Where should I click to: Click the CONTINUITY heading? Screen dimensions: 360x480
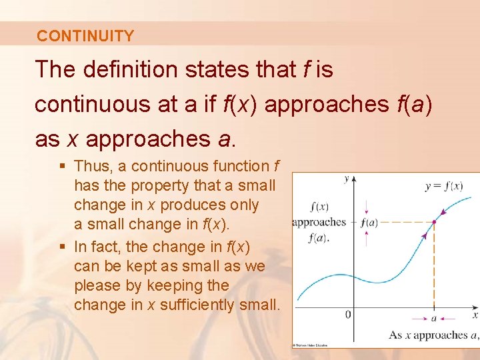pos(85,36)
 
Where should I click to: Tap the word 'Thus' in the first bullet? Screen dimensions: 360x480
pos(91,166)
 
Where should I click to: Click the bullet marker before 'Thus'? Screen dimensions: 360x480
pos(63,166)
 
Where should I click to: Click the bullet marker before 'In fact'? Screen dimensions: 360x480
pos(63,247)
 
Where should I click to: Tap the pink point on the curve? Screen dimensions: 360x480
pos(435,222)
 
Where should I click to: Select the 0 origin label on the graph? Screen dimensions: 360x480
pos(348,314)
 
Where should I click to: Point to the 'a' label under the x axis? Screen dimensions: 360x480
pos(434,318)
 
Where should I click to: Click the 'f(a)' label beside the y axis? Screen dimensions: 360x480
pos(369,222)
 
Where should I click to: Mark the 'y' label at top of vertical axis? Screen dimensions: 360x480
pos(346,179)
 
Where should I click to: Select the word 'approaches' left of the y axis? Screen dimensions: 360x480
pos(319,222)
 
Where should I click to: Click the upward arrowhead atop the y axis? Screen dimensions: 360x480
pos(354,179)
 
